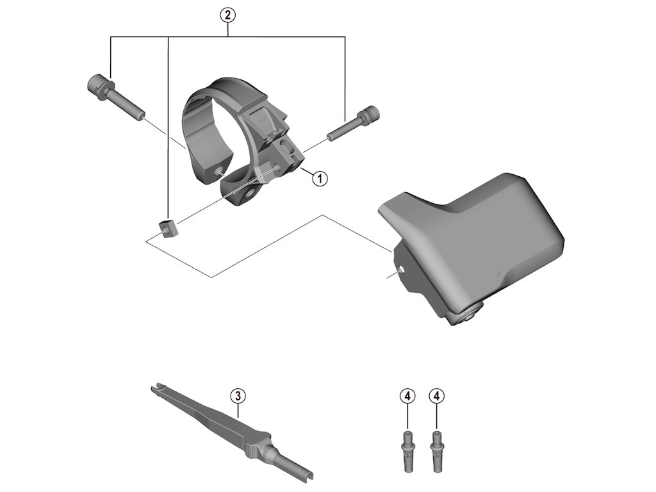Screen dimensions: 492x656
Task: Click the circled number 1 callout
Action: click(318, 177)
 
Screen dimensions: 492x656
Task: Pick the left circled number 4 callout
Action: click(407, 396)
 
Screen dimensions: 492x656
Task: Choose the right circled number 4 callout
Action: click(437, 396)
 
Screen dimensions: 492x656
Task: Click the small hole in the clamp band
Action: click(220, 171)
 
